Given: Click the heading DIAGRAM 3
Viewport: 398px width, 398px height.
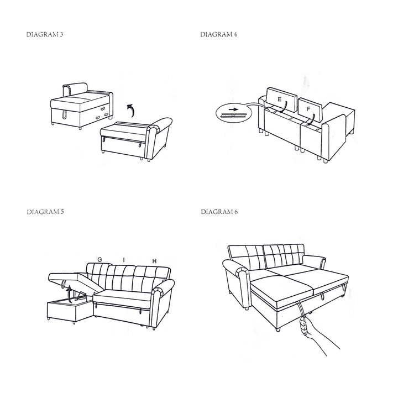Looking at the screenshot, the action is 45,34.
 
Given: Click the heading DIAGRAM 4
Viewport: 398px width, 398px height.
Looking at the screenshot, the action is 218,34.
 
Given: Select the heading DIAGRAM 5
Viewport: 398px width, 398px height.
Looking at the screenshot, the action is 45,212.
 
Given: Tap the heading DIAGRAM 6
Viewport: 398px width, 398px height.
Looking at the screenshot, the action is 219,212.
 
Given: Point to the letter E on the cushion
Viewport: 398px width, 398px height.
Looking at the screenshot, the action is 280,99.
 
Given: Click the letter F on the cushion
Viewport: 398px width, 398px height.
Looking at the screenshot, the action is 308,109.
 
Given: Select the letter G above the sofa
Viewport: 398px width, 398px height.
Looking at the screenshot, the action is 99,259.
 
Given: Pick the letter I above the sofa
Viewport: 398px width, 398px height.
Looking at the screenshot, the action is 124,260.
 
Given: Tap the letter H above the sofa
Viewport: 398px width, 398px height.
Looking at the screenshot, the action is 154,261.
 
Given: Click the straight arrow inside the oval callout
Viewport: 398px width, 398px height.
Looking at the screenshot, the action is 233,109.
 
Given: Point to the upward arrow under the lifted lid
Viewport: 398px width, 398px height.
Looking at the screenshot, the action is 69,294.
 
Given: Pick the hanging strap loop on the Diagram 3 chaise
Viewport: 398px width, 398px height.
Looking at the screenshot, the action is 64,115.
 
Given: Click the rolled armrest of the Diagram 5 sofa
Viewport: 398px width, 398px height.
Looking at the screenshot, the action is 163,287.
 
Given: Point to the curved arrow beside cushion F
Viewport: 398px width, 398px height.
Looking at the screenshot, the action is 312,119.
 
